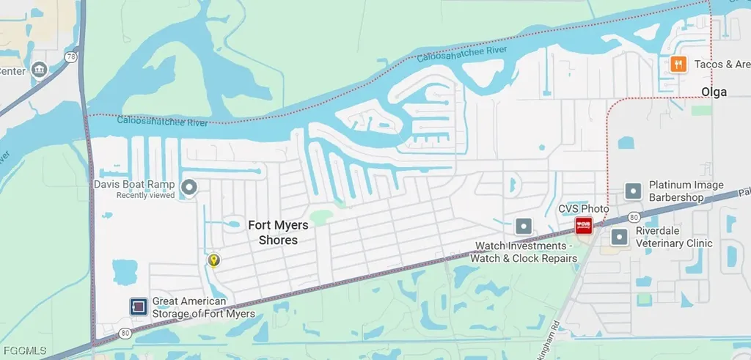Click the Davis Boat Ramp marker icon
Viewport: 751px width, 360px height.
(x=189, y=188)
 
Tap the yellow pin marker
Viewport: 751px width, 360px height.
(x=213, y=260)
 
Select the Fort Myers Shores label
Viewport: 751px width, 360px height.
(x=278, y=233)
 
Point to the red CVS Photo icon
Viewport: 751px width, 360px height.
(x=583, y=226)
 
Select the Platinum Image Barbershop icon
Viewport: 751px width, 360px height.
(x=633, y=191)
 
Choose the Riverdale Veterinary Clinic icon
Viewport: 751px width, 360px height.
(x=620, y=237)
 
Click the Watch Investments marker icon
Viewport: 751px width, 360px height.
(x=524, y=226)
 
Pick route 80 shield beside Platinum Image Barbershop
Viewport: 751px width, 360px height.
(x=632, y=216)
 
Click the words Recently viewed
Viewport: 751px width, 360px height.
(x=146, y=196)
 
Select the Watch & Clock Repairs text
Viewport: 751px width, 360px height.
(x=524, y=258)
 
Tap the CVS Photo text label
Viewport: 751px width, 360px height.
(x=584, y=209)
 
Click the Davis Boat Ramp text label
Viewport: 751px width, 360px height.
(x=134, y=185)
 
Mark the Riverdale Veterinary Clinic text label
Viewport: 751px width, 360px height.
(x=674, y=237)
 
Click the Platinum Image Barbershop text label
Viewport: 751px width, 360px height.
(x=686, y=191)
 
